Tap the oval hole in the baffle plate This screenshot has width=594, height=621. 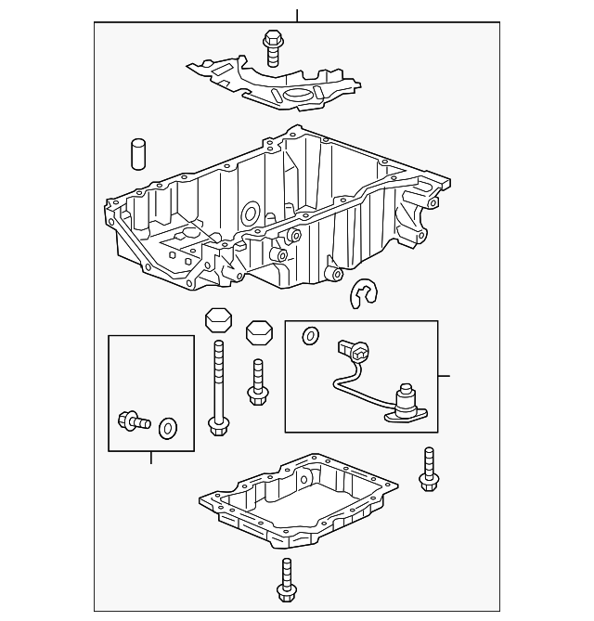coord(299,97)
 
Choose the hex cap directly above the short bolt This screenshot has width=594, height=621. coord(257,333)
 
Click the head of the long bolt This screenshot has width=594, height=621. coord(219,426)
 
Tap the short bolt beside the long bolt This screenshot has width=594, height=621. coord(257,385)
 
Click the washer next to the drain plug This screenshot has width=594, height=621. coord(168,428)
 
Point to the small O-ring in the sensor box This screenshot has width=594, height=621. coord(310,334)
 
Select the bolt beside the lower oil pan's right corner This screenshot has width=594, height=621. coord(428,469)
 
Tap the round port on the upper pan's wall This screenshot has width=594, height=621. coord(249,215)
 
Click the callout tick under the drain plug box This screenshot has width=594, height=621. coord(151,457)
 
